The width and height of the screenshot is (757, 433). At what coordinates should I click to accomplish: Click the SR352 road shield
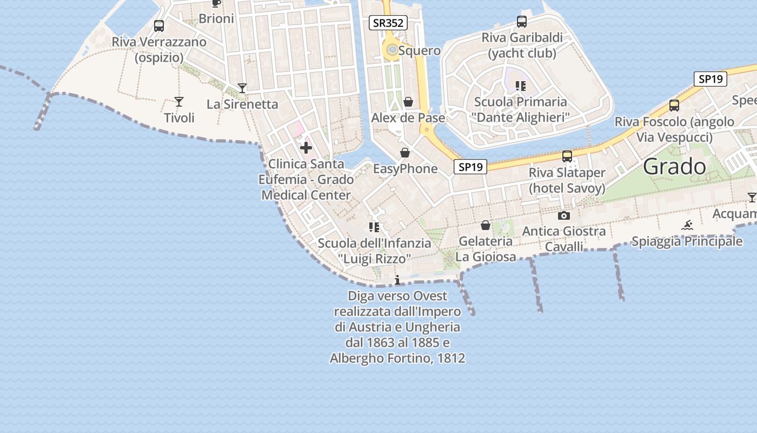click(x=388, y=23)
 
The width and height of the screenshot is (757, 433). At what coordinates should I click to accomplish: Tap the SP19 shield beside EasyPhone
click(x=470, y=167)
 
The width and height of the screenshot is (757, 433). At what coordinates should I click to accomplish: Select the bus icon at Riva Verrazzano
click(x=159, y=25)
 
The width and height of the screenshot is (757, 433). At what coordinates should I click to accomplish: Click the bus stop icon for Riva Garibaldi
click(x=522, y=22)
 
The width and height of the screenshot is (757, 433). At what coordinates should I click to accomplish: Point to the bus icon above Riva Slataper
click(x=567, y=156)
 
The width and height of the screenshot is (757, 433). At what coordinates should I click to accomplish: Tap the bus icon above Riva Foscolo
click(x=674, y=105)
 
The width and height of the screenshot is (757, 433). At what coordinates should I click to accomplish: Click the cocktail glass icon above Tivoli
click(x=179, y=101)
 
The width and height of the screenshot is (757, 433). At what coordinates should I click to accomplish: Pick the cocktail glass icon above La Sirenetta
click(x=242, y=88)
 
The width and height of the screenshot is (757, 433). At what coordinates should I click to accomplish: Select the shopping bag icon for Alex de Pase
click(x=408, y=102)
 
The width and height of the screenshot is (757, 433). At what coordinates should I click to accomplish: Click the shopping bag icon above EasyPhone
click(x=405, y=153)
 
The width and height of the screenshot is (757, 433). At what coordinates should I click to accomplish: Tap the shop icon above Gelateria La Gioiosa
click(x=486, y=225)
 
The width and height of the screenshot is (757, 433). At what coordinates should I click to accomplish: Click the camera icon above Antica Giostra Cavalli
click(x=564, y=215)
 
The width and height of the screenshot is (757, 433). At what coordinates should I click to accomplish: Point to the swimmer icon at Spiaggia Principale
click(x=687, y=225)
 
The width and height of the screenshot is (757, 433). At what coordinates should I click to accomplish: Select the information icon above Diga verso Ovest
click(x=397, y=280)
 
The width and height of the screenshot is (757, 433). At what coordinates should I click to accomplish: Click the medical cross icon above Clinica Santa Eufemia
click(x=306, y=147)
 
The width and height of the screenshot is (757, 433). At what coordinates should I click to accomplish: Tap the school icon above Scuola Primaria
click(x=521, y=86)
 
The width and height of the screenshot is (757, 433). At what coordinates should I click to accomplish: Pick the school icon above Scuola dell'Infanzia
click(x=374, y=227)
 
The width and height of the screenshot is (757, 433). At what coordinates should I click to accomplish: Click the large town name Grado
click(x=674, y=167)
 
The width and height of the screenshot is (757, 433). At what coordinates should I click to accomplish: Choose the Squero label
click(x=419, y=51)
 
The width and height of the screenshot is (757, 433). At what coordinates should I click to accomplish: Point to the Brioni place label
click(x=216, y=19)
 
